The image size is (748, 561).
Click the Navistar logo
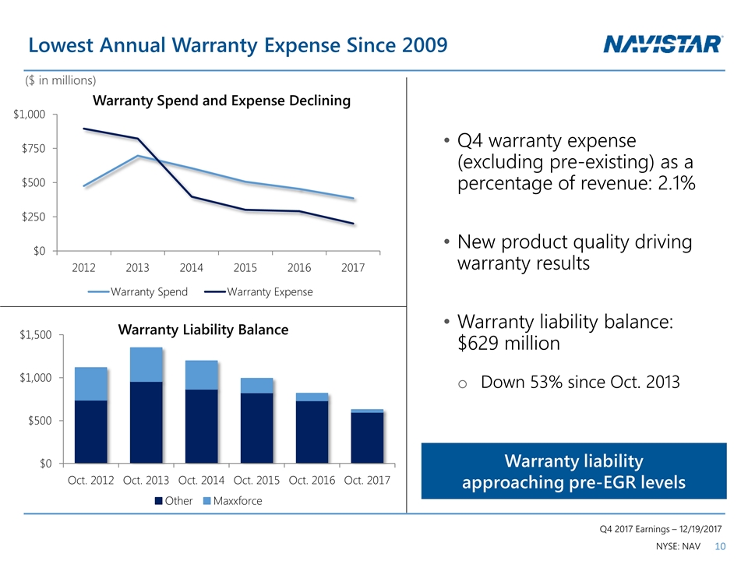[x=663, y=44]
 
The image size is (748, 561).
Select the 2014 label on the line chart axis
[x=191, y=267]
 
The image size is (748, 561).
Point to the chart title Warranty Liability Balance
[x=203, y=330]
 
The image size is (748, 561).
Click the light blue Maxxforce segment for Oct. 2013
[x=146, y=364]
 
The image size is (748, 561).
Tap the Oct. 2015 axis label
[x=256, y=480]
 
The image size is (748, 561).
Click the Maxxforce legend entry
[x=233, y=501]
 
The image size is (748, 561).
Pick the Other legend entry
[x=175, y=501]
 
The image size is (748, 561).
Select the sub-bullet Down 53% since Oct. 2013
[x=580, y=383]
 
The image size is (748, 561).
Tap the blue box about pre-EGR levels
[x=573, y=471]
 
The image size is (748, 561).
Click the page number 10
[x=719, y=547]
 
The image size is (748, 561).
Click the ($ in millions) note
[x=62, y=80]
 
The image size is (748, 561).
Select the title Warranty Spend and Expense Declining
[x=221, y=101]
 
